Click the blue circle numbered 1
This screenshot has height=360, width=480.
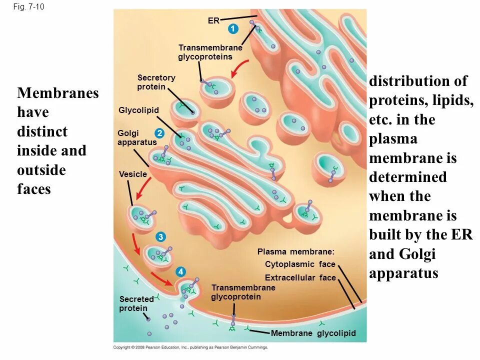[232, 29]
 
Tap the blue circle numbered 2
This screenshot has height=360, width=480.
[159, 133]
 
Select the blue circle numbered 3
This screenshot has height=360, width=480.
[160, 236]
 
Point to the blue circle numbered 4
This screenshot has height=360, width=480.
[180, 272]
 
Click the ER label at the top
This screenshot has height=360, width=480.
[213, 21]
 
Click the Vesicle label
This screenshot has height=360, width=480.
[133, 174]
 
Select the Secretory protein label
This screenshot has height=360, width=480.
[156, 82]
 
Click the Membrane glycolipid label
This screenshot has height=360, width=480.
[313, 333]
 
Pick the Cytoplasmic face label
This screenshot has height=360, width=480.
[296, 264]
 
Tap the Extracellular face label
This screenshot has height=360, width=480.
[300, 278]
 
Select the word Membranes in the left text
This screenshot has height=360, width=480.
[57, 93]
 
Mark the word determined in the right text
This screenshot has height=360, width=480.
[408, 177]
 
